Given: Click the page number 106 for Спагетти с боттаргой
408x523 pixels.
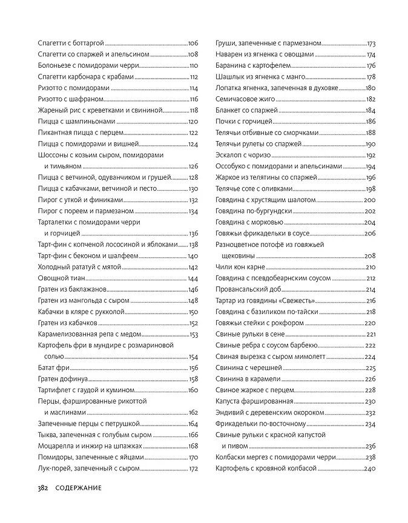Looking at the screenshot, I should pyautogui.click(x=193, y=44).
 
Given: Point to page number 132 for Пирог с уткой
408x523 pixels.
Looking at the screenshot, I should pyautogui.click(x=193, y=200).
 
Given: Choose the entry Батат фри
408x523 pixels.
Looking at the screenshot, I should pyautogui.click(x=51, y=367).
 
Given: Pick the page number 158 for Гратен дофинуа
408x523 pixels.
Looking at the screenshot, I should pyautogui.click(x=193, y=379).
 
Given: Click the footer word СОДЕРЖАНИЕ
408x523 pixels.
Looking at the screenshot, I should pyautogui.click(x=76, y=488).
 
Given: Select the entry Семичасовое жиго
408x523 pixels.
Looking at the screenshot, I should pyautogui.click(x=245, y=99).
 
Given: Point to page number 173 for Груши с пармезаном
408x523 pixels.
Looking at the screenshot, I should pyautogui.click(x=372, y=44).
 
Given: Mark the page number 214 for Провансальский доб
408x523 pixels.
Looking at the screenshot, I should pyautogui.click(x=371, y=289).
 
